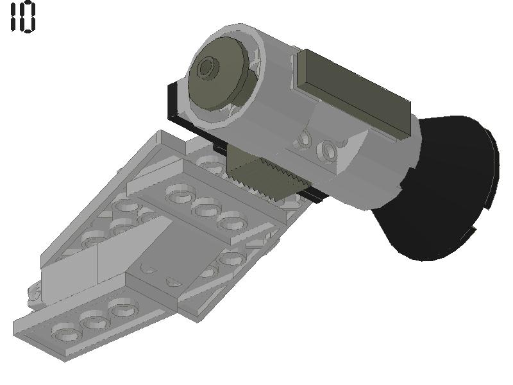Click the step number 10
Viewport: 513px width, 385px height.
click(23, 17)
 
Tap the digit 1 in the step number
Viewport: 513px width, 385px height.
click(14, 17)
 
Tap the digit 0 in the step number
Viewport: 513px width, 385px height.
click(28, 17)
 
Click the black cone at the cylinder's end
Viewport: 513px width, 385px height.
click(442, 186)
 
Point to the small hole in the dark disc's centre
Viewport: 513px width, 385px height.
click(206, 67)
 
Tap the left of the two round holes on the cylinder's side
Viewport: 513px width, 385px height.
click(305, 137)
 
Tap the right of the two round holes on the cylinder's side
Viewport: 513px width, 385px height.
click(329, 151)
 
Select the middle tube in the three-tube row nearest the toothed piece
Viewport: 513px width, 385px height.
click(206, 207)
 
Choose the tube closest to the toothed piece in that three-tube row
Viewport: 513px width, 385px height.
click(232, 222)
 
